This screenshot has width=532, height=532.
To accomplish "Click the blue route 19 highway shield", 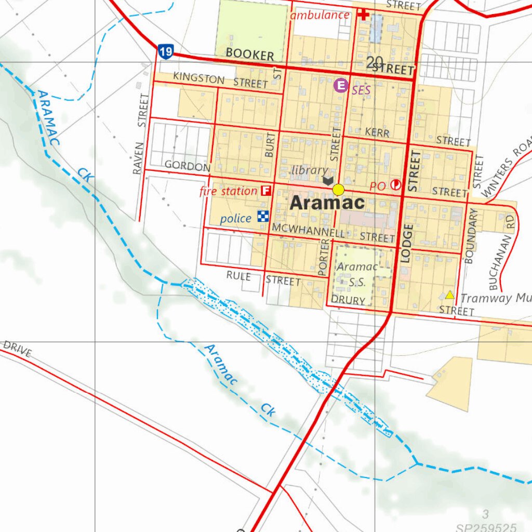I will (166, 51).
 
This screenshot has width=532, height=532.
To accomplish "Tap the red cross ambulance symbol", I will (364, 15).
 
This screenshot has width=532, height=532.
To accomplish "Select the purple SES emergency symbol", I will (341, 85).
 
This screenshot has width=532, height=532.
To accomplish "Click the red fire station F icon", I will (266, 191).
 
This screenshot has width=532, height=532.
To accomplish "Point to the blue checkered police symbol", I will (263, 217).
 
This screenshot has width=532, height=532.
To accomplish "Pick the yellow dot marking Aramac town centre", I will (339, 189).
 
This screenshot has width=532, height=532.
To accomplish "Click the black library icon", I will (328, 180).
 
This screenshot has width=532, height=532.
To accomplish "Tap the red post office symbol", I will (396, 184).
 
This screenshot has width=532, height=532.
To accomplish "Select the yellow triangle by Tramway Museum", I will (449, 295).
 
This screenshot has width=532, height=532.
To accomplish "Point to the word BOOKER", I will (249, 55).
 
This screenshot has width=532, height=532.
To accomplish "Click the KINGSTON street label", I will (199, 78).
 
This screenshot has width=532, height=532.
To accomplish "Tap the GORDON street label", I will (188, 166).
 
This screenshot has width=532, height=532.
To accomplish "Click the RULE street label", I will (238, 276).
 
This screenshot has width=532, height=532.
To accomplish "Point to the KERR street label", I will (377, 132).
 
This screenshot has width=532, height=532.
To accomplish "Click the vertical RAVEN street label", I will (138, 158).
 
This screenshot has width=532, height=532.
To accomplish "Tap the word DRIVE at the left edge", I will (17, 349).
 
